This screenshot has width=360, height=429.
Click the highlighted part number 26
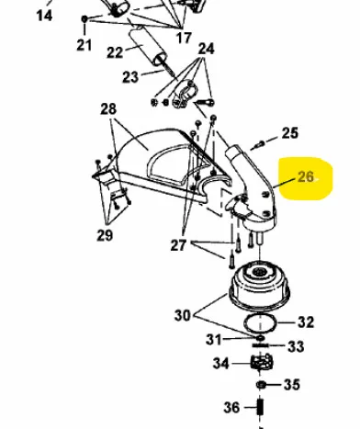click(306, 177)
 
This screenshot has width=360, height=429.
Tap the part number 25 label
click(289, 133)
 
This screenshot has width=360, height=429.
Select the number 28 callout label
click(108, 109)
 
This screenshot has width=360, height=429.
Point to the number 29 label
click(105, 235)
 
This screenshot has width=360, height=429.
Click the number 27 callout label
click(178, 245)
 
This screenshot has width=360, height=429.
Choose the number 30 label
click(183, 315)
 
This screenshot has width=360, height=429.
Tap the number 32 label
click(306, 322)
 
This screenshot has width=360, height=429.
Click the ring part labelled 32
click(260, 323)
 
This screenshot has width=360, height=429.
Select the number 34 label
click(221, 364)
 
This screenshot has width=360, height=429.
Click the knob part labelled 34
click(262, 362)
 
